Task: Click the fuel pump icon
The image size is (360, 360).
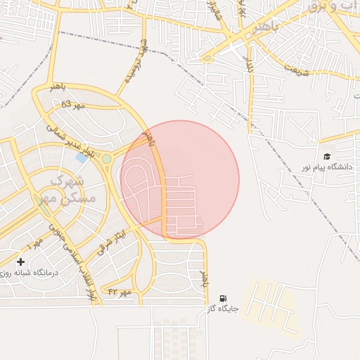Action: coord(224,298)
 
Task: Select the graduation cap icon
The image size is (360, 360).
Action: coord(326,157)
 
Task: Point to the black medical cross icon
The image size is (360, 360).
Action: coord(20,262)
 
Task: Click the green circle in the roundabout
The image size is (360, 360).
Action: coord(106,159)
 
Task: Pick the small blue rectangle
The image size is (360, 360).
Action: coord(82,157)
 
